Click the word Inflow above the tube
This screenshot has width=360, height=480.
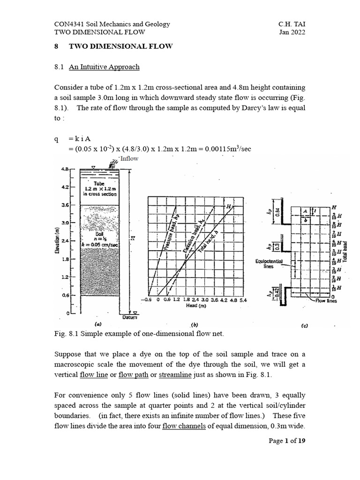click(129, 159)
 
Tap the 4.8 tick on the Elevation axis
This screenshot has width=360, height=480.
click(65, 169)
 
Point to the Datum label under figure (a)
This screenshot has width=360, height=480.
click(129, 317)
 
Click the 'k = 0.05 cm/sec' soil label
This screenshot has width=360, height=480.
click(99, 244)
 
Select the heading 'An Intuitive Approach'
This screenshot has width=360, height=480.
click(104, 67)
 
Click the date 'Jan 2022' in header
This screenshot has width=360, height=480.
click(292, 32)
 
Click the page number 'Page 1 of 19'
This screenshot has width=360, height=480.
click(286, 441)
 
